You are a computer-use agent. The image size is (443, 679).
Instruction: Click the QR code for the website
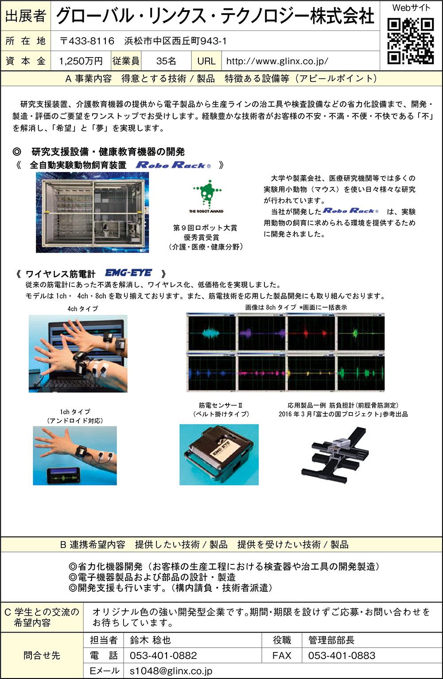tap(411, 41)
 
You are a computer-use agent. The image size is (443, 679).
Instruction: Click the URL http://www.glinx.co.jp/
tap(277, 61)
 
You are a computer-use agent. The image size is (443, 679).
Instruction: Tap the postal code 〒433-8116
tap(87, 41)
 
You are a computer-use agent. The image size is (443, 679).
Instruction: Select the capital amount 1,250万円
tap(81, 61)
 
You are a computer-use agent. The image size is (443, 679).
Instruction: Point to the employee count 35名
tap(166, 61)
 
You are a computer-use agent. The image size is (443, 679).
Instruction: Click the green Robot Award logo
tap(206, 196)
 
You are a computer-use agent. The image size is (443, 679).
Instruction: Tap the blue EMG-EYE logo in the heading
tap(128, 273)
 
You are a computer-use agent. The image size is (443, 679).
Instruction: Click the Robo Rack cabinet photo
tap(92, 212)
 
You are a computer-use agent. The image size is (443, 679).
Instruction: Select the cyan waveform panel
tap(212, 333)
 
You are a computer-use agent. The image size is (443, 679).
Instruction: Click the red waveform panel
tap(311, 333)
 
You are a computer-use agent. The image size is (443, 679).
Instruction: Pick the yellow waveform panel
tap(311, 373)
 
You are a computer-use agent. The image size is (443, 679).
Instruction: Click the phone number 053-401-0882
tap(163, 656)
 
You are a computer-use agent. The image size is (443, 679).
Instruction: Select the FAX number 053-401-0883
tap(342, 656)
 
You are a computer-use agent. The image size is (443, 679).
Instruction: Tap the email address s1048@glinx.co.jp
tap(171, 671)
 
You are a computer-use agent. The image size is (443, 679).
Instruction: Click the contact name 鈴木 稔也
tap(151, 640)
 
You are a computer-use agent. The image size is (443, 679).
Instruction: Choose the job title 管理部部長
tap(331, 640)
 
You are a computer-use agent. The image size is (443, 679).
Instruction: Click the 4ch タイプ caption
tap(82, 309)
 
